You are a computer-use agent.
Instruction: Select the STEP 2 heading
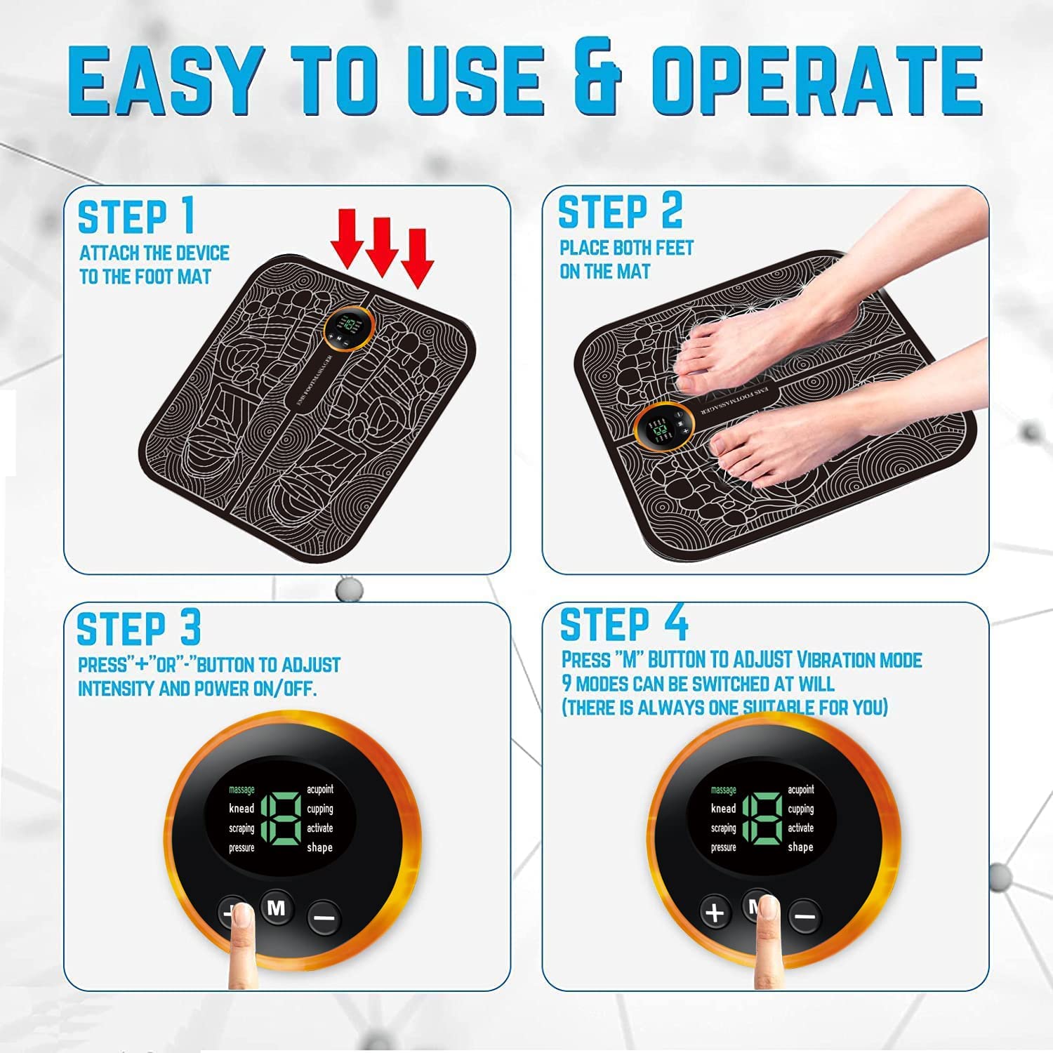coord(619,211)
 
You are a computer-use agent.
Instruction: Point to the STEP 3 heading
coord(138,628)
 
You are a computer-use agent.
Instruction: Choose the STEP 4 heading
coord(623,623)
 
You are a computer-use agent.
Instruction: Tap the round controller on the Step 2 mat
coord(663,427)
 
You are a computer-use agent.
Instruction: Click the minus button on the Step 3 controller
coord(324,917)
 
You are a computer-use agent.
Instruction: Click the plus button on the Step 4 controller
coord(715,913)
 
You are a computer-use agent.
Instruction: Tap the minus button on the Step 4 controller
coord(805,917)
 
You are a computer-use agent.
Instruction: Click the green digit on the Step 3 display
coord(281,819)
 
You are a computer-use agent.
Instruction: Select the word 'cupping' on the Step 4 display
coord(800,809)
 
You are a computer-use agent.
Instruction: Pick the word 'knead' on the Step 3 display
coord(241,809)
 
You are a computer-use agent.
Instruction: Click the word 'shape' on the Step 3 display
coord(319,847)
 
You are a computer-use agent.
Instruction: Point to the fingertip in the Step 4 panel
coord(769,913)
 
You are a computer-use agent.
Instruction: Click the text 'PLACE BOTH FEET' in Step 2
coord(626,248)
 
